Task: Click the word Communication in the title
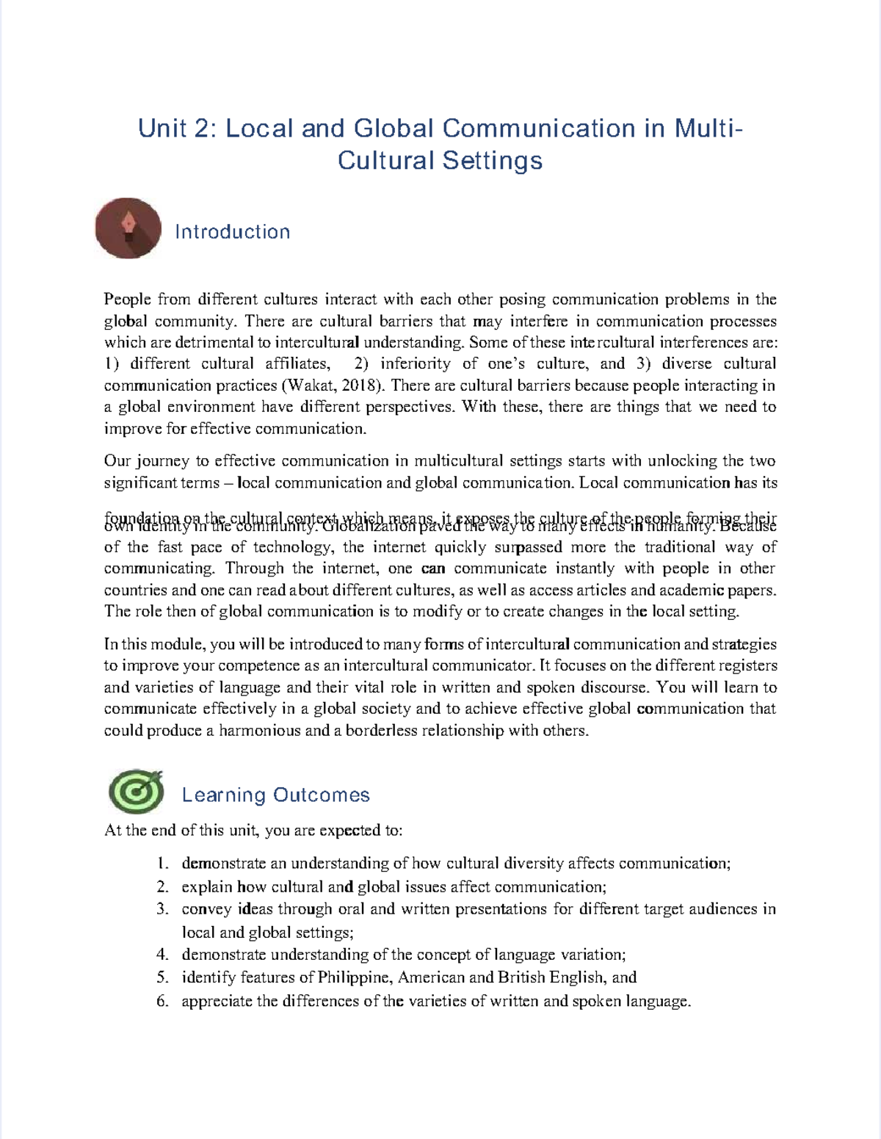coord(539,129)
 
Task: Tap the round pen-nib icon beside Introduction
coord(128,228)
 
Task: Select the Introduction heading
coord(232,232)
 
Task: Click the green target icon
coord(136,792)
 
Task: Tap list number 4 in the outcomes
coord(162,955)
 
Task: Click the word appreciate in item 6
coord(217,1001)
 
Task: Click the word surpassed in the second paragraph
coord(529,547)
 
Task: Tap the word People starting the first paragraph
coord(127,300)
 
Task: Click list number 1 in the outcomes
coord(162,864)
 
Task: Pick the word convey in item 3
coord(206,909)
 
